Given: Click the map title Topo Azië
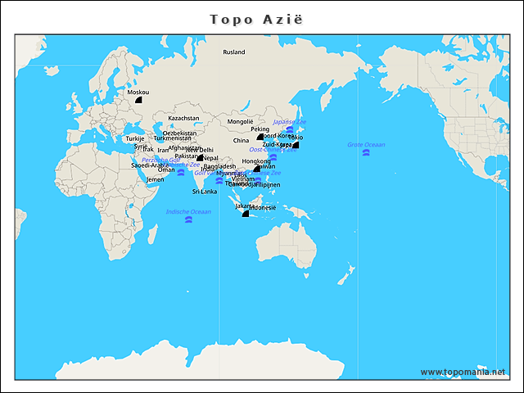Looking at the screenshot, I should pos(261,19).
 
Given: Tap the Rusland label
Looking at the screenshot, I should pos(234,52).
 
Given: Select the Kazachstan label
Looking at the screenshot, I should pos(183,118).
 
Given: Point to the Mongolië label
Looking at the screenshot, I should pos(240,121).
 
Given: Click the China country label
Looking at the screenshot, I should pos(241,140).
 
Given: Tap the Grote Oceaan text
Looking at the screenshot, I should pos(365,144).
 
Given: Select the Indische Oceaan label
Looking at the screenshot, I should pos(188,211).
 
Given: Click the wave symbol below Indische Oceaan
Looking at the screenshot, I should pos(188,219).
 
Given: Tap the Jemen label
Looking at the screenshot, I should pos(155,178).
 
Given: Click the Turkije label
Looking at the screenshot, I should pos(134,138).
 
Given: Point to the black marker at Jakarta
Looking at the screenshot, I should pos(245,214).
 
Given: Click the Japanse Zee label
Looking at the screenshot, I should pos(289,121).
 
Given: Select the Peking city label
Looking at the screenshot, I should pos(260,129).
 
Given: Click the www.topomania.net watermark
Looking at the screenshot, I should pos(463,372).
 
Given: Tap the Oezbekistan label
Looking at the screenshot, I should pos(179,133).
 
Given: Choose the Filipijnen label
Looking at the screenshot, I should pos(268,185).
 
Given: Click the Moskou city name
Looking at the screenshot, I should pos(138,93).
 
